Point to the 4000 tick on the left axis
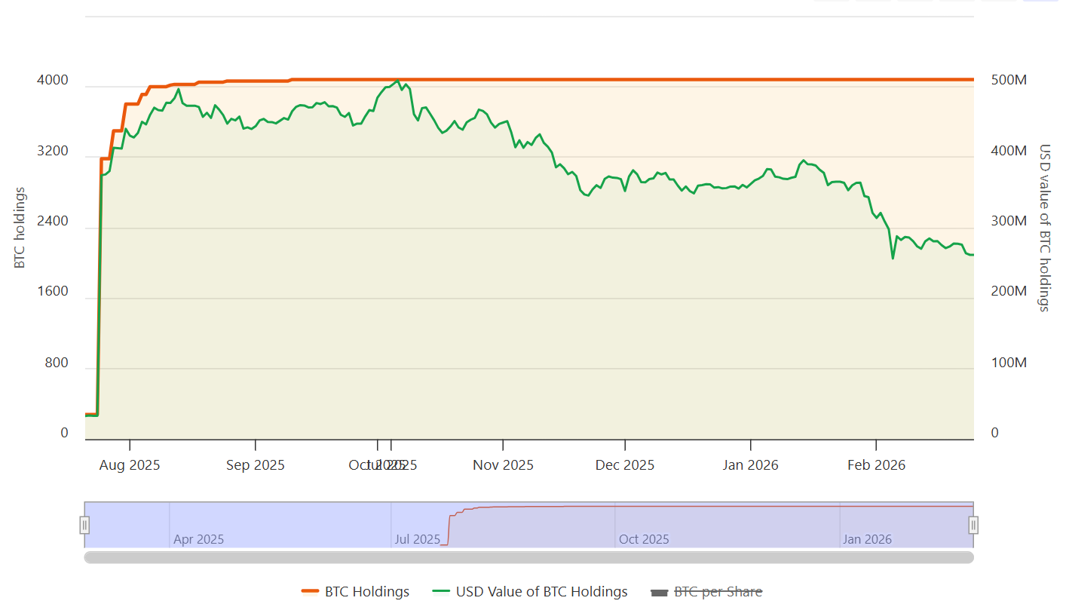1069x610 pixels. (54, 81)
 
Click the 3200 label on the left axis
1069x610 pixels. (54, 152)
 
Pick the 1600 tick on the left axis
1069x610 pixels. (54, 292)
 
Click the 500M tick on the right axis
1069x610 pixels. (1008, 81)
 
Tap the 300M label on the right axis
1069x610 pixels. (1008, 222)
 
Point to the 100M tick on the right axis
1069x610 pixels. (1008, 363)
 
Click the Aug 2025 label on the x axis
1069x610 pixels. (130, 465)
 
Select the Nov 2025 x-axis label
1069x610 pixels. (503, 465)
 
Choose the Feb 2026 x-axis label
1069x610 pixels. (876, 465)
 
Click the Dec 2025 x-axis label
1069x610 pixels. (625, 465)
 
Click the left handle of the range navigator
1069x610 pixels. (85, 525)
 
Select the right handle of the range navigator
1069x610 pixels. (973, 525)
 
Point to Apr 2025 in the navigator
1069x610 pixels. (198, 539)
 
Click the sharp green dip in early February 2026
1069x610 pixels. (893, 259)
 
